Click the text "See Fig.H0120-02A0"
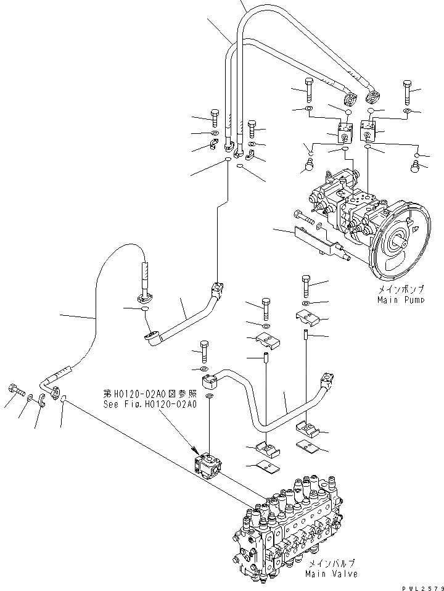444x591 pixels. (150, 405)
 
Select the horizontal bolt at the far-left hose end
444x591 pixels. (15, 389)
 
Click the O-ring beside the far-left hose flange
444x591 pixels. (64, 402)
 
